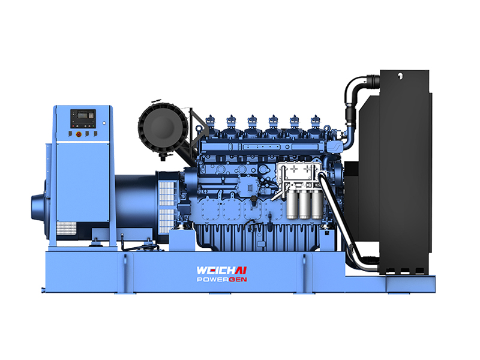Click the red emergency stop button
[79, 134]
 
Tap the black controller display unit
[83, 119]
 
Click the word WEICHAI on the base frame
[221, 271]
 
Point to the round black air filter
[162, 128]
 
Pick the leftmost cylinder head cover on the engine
[211, 125]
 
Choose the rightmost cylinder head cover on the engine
[316, 125]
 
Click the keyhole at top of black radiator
[400, 74]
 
